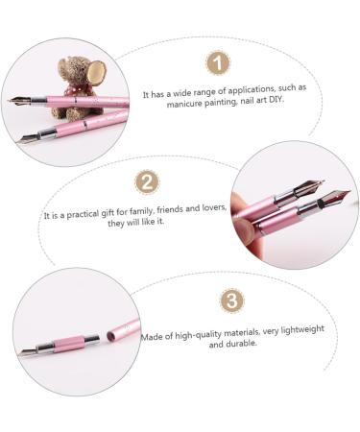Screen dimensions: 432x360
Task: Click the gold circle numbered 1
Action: (x=220, y=63)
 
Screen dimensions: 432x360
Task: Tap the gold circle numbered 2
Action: (x=146, y=182)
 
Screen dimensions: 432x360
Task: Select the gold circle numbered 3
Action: (x=232, y=300)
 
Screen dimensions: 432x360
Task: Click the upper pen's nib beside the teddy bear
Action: (x=20, y=99)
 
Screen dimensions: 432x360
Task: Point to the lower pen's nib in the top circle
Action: (x=27, y=138)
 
